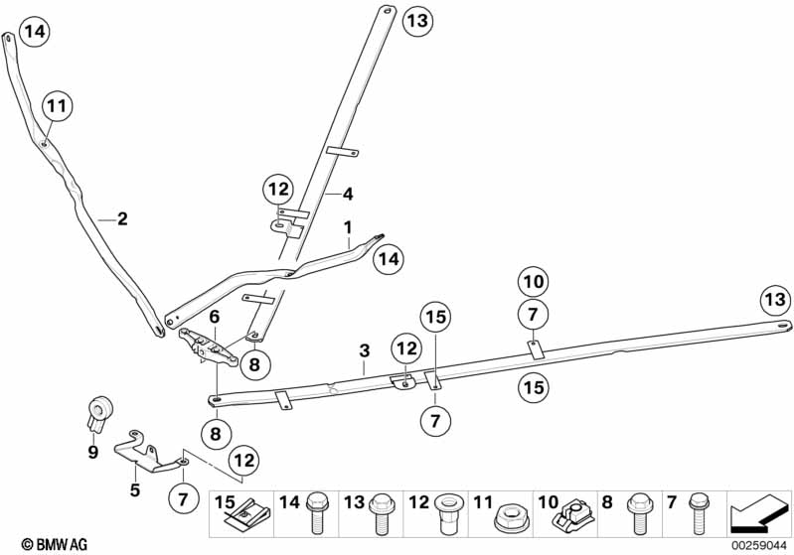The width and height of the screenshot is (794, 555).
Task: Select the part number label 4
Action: click(348, 193)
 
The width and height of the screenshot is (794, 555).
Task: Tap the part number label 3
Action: click(364, 350)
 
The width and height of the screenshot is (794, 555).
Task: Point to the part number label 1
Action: click(348, 227)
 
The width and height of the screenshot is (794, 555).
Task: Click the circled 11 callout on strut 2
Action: click(56, 104)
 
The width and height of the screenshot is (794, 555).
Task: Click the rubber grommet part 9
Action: click(97, 411)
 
